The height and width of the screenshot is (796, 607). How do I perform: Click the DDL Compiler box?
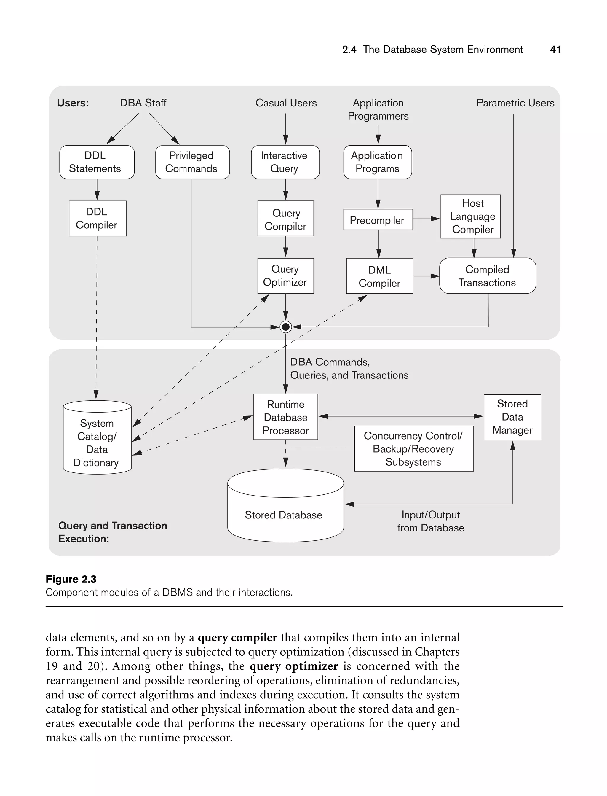point(98,218)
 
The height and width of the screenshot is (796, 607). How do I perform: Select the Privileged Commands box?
point(192,162)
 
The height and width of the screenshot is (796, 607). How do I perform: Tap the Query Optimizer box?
point(285,276)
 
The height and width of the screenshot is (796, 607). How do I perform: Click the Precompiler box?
point(378,219)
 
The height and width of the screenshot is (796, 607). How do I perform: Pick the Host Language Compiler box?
point(470,216)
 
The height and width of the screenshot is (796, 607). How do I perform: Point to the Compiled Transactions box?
point(487,276)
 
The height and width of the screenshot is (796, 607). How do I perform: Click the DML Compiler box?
point(379,276)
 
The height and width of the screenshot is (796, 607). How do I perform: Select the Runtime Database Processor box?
point(285,417)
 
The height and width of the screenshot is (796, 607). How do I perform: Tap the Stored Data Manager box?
point(512,417)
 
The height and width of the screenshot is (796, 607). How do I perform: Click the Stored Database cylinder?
point(285,514)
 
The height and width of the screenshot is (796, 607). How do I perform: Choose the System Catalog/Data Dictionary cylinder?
point(97,442)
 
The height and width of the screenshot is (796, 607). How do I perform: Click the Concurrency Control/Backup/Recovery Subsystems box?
point(413,449)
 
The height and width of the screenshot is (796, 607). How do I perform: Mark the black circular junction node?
point(285,327)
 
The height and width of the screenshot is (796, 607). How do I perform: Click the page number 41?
point(555,50)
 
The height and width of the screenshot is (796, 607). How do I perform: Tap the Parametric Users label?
point(515,103)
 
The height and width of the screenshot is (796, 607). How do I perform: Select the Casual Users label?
point(286,103)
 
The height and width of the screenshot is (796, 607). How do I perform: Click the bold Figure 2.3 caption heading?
point(71,579)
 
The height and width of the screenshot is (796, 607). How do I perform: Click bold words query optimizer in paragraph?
point(293,666)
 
